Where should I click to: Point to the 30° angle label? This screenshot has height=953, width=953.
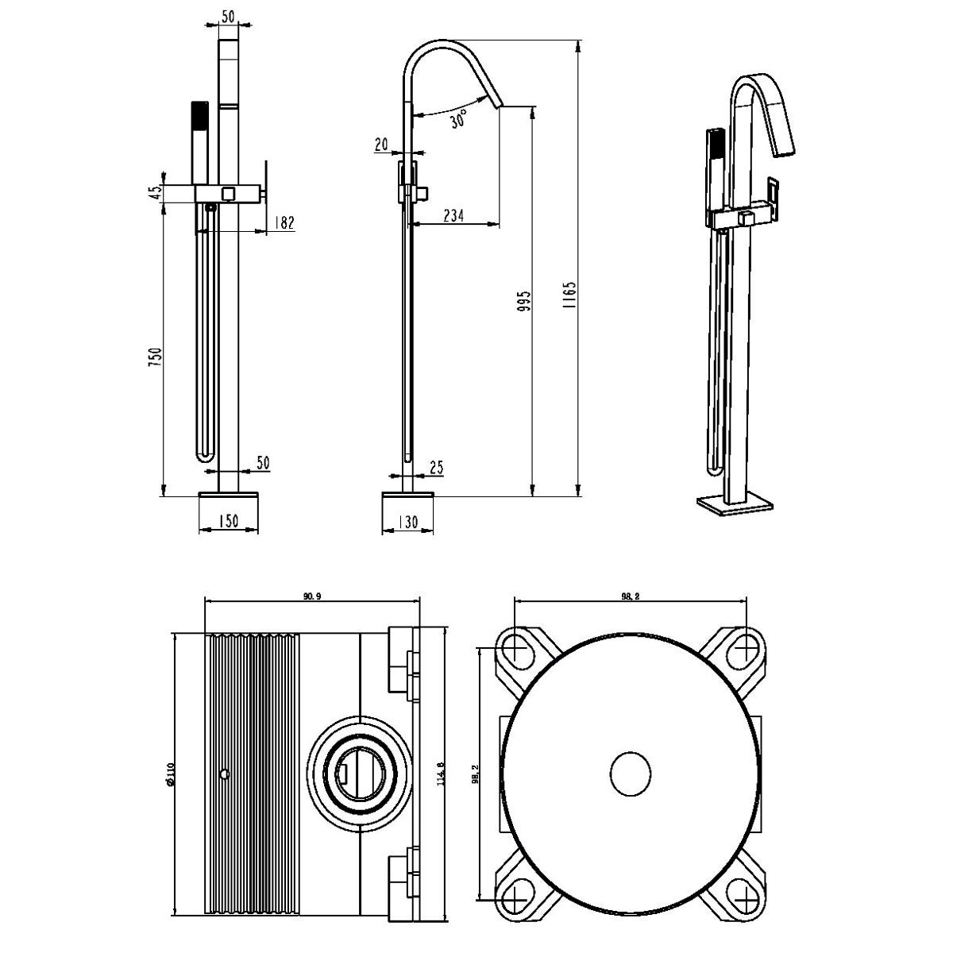(458, 120)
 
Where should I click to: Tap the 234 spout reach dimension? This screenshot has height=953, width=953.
(453, 216)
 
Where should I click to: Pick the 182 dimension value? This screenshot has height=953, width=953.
(284, 222)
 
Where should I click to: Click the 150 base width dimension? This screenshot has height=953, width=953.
(228, 521)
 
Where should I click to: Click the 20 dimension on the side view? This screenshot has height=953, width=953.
(380, 145)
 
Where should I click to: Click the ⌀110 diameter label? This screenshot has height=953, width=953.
(169, 775)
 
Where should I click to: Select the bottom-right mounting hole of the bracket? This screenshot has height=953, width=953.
(747, 896)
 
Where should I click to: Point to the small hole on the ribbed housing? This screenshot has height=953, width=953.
(225, 774)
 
